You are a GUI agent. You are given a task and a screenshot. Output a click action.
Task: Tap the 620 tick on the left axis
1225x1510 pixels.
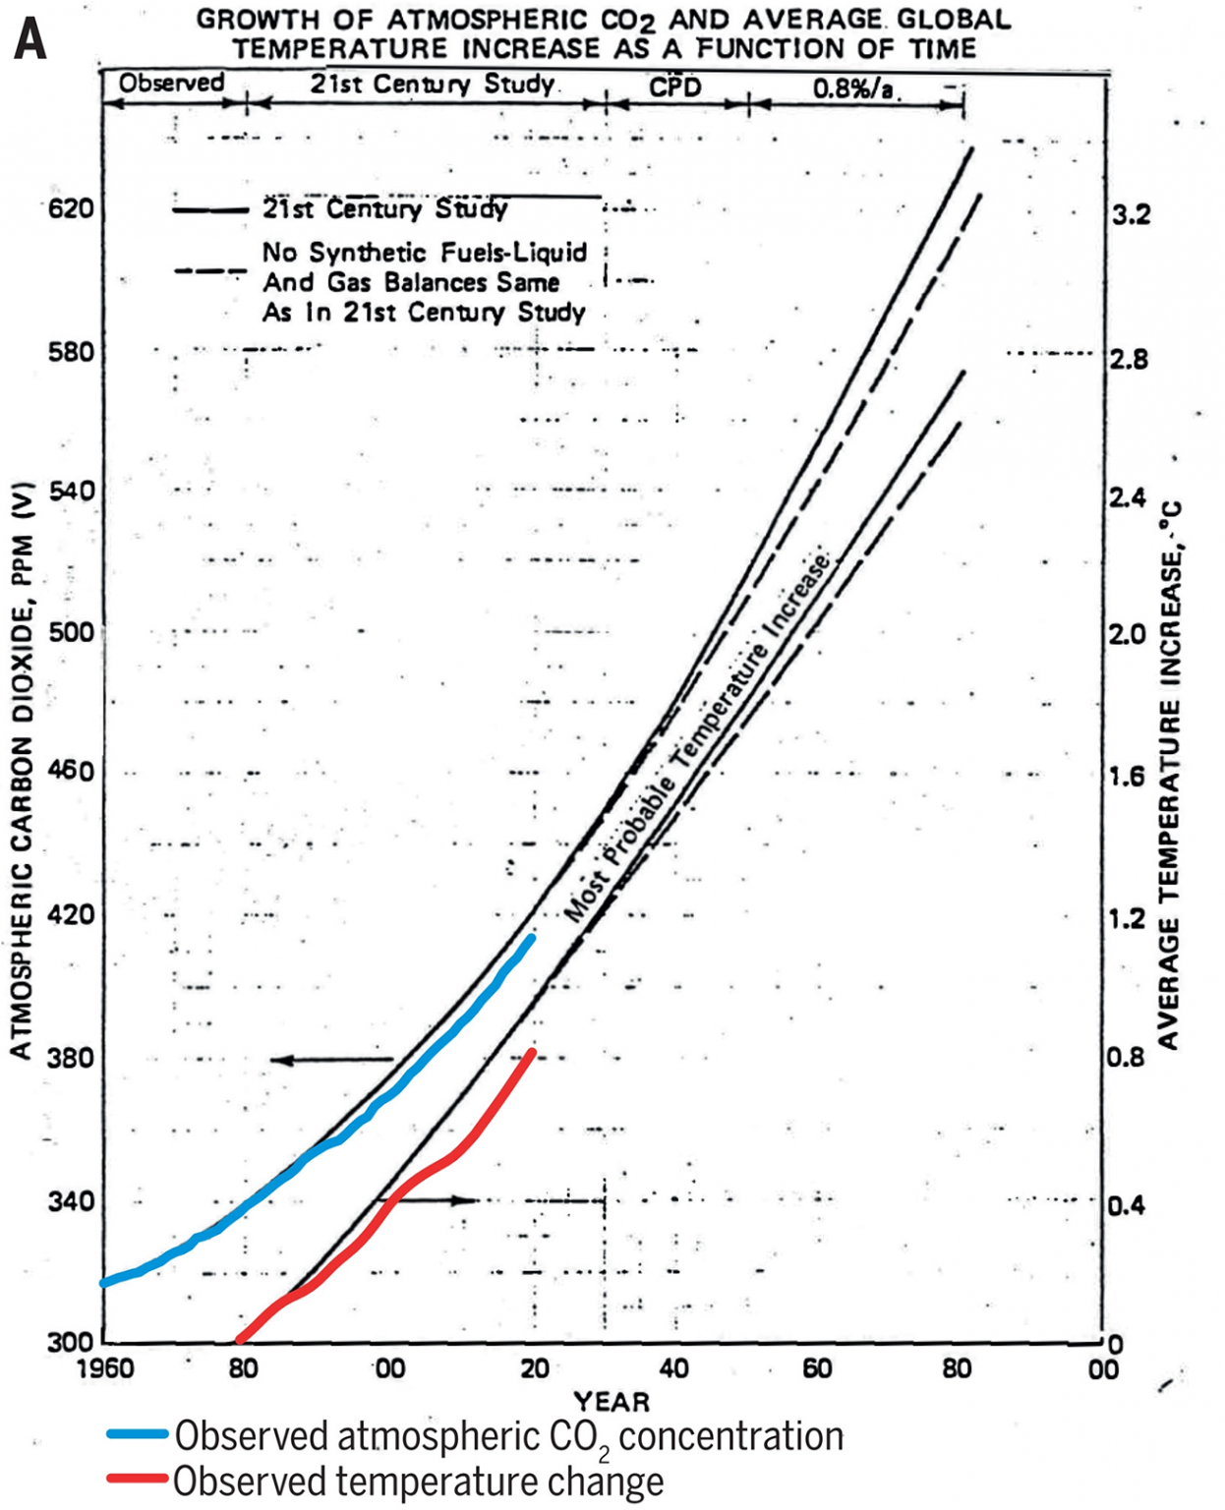coord(71,208)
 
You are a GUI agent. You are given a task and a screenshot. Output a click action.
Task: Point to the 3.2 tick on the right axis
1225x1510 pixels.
coord(1130,214)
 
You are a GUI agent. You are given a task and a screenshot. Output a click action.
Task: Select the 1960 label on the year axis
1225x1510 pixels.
coord(105,1368)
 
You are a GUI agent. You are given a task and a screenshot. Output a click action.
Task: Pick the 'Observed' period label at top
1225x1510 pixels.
coord(172,83)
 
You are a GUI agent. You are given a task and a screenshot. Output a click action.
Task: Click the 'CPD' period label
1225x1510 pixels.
coord(675,87)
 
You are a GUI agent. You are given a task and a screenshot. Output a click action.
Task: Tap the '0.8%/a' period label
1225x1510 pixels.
coord(852,88)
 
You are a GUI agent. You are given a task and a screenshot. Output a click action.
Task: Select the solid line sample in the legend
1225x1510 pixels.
coord(209,209)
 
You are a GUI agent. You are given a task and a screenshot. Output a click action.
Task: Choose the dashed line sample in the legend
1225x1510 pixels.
coord(209,269)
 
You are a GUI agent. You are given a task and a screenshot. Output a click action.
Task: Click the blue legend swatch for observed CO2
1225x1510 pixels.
coord(138,1435)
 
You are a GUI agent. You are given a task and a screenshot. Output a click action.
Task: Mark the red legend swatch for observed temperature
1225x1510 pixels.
coord(138,1480)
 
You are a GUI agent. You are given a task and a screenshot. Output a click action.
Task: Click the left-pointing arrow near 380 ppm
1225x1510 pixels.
coord(330,1060)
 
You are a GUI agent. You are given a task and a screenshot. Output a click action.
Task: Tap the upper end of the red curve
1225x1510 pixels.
coord(532,1053)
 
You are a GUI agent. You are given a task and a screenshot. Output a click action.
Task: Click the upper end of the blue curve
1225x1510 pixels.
coord(533,937)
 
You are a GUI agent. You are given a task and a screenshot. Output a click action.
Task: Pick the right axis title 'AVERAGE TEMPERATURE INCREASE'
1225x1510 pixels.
coord(1169,777)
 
